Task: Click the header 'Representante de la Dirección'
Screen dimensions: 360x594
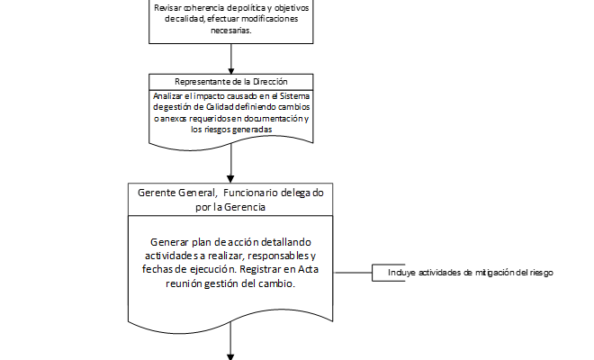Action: (231, 80)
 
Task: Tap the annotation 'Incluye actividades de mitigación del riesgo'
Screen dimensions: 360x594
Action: (470, 272)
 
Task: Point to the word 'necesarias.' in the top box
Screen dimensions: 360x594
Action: (231, 30)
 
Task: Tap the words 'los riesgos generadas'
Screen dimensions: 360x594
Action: (231, 129)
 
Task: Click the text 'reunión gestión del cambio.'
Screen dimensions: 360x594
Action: (232, 283)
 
